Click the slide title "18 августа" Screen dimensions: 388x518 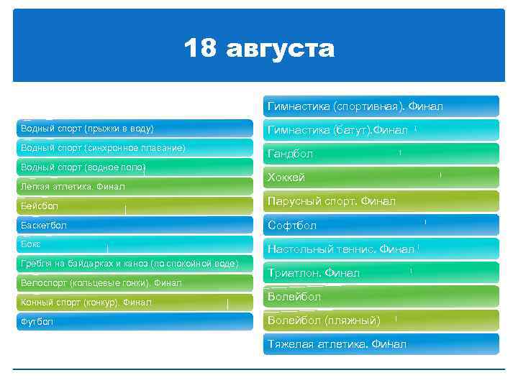pos(259,49)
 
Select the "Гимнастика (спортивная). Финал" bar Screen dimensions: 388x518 pos(355,106)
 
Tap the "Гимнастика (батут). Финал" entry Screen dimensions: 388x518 pos(337,130)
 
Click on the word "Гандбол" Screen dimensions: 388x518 pos(290,154)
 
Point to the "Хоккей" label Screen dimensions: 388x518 pos(286,177)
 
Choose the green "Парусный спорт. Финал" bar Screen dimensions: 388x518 pos(331,201)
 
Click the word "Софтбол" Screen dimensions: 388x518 pos(291,225)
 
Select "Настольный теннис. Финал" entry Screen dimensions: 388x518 pos(340,249)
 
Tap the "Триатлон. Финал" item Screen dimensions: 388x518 pos(313,272)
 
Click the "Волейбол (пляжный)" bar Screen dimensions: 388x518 pos(323,320)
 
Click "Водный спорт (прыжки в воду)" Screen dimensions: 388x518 pos(87,129)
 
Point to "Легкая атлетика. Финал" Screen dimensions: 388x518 pos(73,187)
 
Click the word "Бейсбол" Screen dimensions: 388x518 pos(40,206)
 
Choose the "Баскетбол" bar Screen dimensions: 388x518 pos(44,226)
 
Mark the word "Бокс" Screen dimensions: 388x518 pos(31,244)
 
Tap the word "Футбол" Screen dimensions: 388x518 pos(37,322)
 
